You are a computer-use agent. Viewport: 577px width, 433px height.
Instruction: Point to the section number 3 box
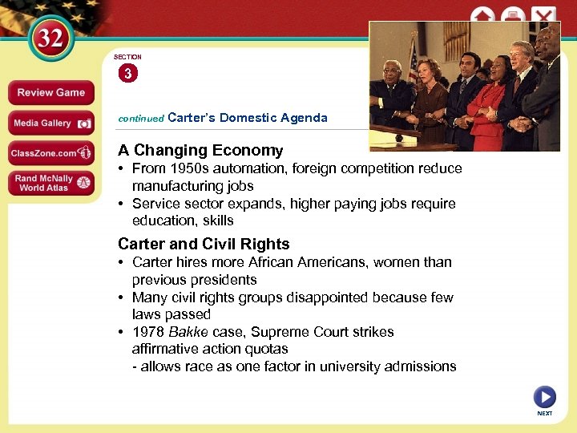[x=127, y=74]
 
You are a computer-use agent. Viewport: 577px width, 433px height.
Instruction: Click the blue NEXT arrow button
[x=544, y=397]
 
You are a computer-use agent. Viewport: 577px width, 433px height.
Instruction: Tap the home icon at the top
[x=482, y=16]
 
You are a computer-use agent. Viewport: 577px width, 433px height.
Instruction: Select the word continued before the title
[x=140, y=119]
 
